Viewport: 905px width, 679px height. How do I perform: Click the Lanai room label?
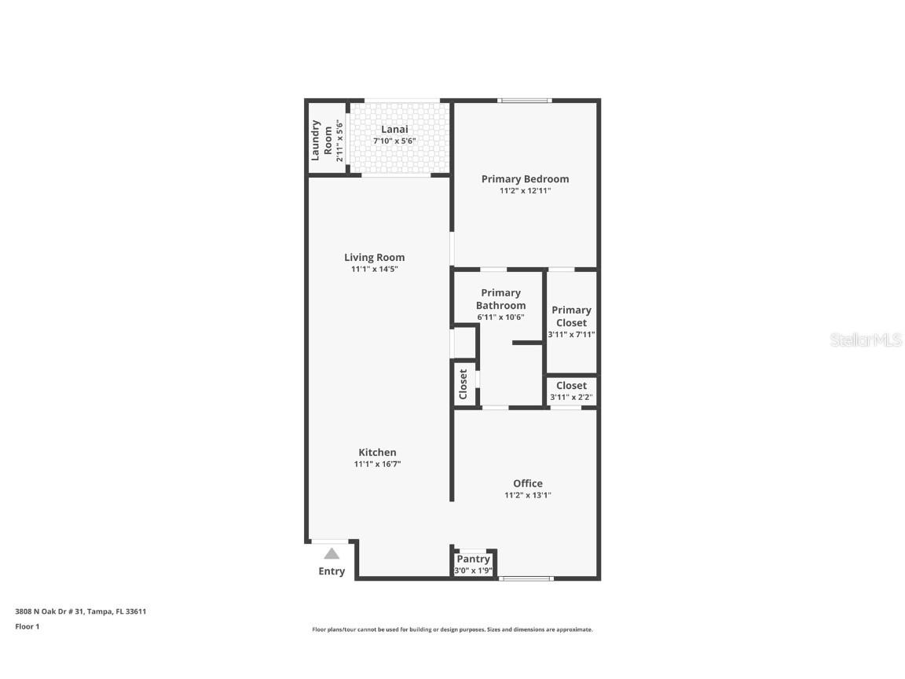[394, 130]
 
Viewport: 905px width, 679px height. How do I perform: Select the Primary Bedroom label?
[525, 179]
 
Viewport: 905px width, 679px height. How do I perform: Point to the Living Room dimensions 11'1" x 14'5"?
[374, 270]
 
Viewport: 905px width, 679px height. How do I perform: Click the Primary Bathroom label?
[500, 299]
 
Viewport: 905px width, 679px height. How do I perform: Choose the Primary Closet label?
[571, 316]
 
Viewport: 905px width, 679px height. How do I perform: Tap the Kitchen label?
[377, 452]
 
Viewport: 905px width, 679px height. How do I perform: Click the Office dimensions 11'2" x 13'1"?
[527, 496]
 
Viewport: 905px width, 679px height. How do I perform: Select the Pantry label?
[474, 559]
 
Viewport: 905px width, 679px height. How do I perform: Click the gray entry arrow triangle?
[332, 553]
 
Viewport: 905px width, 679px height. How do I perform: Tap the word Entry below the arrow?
[332, 571]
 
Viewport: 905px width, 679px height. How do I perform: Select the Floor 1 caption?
[27, 626]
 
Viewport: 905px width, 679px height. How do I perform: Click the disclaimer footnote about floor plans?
[452, 629]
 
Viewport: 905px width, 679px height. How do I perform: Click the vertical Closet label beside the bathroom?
[463, 384]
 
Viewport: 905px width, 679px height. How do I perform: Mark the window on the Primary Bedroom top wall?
[525, 100]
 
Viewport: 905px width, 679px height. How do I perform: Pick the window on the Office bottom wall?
[526, 579]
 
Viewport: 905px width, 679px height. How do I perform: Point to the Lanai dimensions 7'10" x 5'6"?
[394, 141]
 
